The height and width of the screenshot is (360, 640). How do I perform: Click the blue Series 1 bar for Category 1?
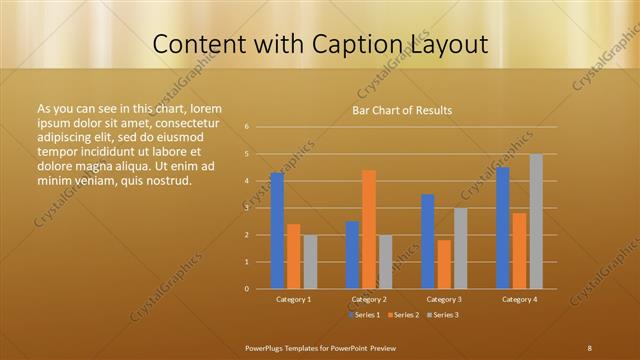[277, 231]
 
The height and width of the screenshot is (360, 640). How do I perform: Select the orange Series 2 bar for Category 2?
[369, 229]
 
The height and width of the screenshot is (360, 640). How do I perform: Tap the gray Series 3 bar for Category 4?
[536, 221]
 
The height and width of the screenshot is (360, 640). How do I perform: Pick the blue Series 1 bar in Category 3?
[428, 241]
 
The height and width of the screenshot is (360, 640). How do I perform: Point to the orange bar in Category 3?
[444, 264]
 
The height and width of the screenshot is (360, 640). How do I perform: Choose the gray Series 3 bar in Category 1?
[310, 262]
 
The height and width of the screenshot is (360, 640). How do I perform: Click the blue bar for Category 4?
[503, 228]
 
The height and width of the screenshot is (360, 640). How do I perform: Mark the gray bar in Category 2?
[385, 262]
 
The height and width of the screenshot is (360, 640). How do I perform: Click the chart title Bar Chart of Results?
[402, 110]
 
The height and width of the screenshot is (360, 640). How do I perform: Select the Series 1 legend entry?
[365, 315]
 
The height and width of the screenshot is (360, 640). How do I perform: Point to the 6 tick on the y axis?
[246, 127]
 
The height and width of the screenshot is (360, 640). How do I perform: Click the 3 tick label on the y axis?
[246, 208]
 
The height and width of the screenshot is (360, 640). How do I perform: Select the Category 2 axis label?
[369, 299]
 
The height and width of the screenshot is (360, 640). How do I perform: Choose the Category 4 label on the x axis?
[519, 299]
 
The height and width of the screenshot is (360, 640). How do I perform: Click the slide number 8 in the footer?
[589, 347]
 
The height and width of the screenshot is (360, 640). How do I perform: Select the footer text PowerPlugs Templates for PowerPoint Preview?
[321, 347]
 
